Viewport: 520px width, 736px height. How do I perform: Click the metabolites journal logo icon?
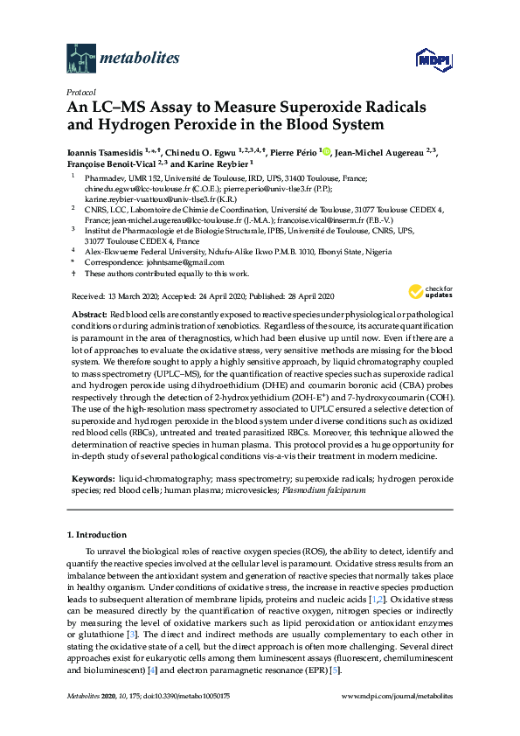[80, 59]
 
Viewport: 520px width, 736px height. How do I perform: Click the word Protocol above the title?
[81, 92]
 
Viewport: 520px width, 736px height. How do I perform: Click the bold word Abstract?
[87, 313]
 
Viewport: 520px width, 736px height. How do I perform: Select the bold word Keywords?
[90, 480]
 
